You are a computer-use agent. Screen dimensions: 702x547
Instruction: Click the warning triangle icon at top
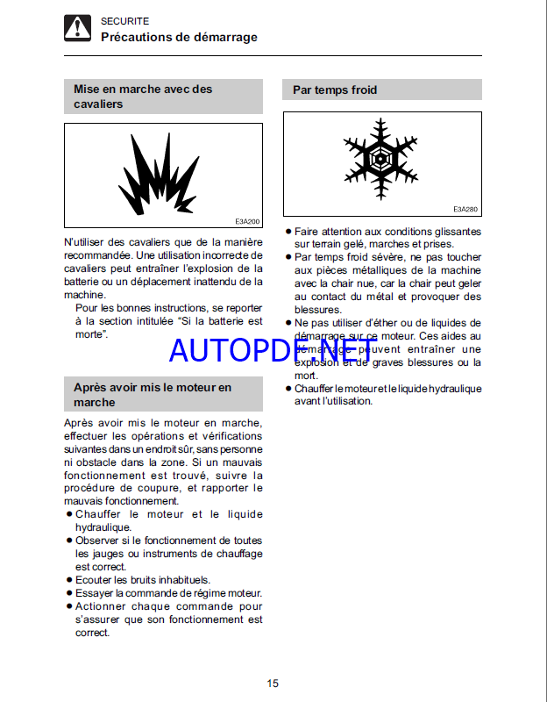[x=77, y=29]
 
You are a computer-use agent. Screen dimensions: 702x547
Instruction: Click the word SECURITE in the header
[x=124, y=20]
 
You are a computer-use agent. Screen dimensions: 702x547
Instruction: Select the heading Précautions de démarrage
[x=179, y=37]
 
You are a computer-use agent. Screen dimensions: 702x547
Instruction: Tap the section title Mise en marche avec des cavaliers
[x=143, y=97]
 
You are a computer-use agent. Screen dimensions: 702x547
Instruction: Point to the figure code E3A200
[x=247, y=221]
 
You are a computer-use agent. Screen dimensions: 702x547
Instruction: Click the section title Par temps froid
[x=335, y=90]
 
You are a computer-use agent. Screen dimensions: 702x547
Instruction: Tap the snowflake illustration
[x=382, y=157]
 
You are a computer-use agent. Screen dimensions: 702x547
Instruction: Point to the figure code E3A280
[x=465, y=210]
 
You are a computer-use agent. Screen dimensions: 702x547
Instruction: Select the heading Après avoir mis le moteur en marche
[x=153, y=395]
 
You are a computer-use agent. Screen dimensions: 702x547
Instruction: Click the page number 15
[x=273, y=684]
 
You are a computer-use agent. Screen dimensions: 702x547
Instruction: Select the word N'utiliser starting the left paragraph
[x=86, y=242]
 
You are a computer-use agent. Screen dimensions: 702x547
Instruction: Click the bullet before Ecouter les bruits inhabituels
[x=68, y=580]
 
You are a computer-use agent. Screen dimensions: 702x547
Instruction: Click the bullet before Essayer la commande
[x=68, y=593]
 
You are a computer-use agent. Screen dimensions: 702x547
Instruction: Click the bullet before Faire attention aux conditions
[x=288, y=231]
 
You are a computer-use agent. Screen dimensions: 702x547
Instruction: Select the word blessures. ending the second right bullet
[x=318, y=310]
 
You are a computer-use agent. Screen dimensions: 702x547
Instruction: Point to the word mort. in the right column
[x=306, y=376]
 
